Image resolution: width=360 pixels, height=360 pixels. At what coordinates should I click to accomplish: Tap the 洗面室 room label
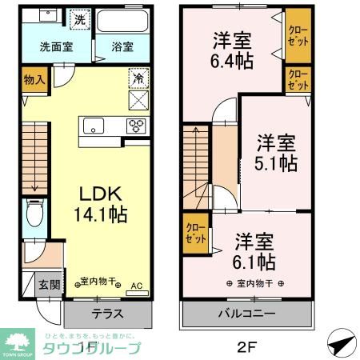pos(56,46)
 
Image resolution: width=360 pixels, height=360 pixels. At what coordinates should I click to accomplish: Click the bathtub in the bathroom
pos(122,21)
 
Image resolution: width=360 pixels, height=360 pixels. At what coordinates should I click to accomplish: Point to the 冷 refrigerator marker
pos(138,80)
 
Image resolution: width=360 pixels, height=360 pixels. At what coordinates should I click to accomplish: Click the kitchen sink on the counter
pos(94,126)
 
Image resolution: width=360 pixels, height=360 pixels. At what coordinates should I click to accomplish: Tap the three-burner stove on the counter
pos(135,126)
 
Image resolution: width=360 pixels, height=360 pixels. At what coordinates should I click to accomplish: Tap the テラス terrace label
pos(106,314)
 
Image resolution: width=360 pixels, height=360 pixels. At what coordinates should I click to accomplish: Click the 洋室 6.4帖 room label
pos(231,50)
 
